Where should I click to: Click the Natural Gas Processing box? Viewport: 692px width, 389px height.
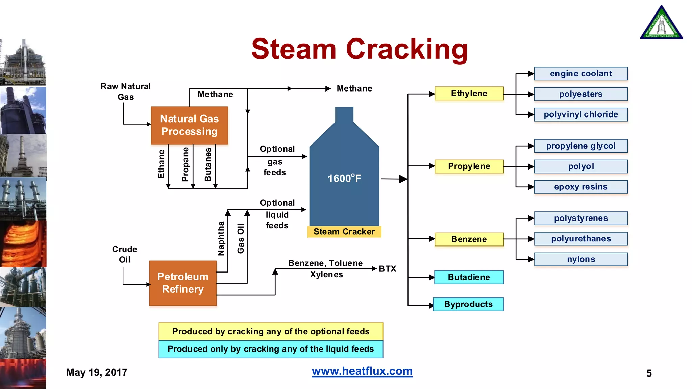(x=189, y=125)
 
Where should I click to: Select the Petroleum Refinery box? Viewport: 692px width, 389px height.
(x=183, y=283)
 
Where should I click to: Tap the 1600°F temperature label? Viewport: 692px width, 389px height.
(x=344, y=178)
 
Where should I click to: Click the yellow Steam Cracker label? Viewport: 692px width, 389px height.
(x=344, y=232)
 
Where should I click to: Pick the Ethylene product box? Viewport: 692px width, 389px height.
(x=469, y=94)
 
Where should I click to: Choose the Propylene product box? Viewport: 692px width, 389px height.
(x=469, y=166)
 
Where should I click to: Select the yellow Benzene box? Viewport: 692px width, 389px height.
(x=469, y=239)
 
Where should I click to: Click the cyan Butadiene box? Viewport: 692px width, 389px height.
(x=469, y=277)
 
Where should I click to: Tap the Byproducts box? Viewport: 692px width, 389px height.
(x=468, y=304)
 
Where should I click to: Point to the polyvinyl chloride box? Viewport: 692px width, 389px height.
(x=580, y=114)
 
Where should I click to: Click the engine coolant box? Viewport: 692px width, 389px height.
(x=580, y=74)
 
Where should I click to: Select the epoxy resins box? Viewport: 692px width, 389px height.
(x=580, y=187)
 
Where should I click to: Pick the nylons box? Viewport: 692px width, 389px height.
(x=580, y=259)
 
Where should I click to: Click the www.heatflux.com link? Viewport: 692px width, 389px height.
(x=362, y=371)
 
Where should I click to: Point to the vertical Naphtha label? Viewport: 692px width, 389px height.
(x=221, y=238)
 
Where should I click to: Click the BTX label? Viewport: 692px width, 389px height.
(x=387, y=269)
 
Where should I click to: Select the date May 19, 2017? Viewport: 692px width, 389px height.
(x=97, y=372)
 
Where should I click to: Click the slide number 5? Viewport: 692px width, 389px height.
(x=649, y=373)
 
